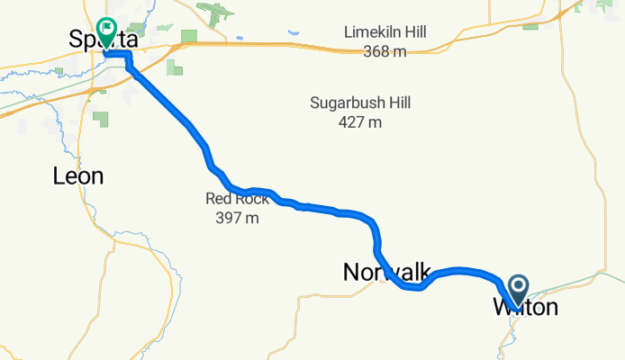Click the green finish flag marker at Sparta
pyautogui.click(x=107, y=32)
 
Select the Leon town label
pyautogui.click(x=77, y=176)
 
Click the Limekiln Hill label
pyautogui.click(x=385, y=33)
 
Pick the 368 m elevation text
pyautogui.click(x=385, y=51)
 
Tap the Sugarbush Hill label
pyautogui.click(x=360, y=103)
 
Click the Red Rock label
pyautogui.click(x=237, y=199)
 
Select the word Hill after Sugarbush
pyautogui.click(x=397, y=103)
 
